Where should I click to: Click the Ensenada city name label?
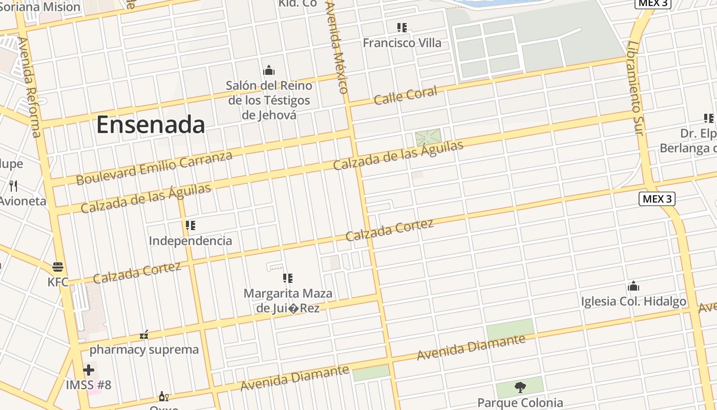click(151, 125)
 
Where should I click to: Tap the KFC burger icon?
click(58, 267)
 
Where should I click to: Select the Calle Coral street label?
click(405, 95)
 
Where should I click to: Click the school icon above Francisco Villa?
click(402, 28)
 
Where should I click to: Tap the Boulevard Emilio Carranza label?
click(154, 168)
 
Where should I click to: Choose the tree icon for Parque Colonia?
click(520, 387)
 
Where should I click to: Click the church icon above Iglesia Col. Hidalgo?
click(634, 286)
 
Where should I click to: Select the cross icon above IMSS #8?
click(89, 370)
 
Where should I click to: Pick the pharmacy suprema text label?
click(144, 350)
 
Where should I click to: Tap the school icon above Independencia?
click(191, 225)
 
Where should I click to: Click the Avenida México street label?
click(337, 46)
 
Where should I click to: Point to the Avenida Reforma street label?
click(29, 87)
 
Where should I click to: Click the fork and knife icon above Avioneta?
click(14, 186)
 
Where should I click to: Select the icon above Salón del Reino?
click(269, 71)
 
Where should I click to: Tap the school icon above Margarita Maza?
click(288, 278)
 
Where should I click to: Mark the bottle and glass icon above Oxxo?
click(164, 396)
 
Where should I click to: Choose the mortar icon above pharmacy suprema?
click(144, 335)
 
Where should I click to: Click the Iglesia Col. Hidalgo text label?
click(634, 301)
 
